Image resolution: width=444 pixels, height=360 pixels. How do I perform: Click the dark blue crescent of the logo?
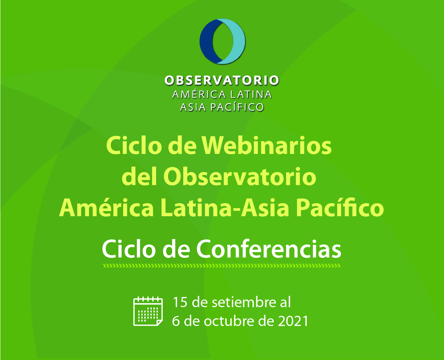206,41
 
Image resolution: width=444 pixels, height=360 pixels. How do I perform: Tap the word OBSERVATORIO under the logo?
222,80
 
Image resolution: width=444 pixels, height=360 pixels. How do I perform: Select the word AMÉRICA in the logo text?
199,94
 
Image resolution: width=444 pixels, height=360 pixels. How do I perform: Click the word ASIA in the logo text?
193,107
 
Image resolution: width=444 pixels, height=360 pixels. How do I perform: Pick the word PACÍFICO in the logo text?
237,107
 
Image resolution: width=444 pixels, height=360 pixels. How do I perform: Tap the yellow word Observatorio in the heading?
240,177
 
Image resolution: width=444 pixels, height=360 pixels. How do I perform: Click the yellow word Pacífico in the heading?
340,208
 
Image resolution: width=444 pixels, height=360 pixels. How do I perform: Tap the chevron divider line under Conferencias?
222,266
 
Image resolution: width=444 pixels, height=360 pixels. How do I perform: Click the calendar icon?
148,311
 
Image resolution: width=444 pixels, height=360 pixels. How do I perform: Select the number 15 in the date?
180,302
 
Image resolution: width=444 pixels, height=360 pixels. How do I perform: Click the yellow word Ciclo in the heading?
134,145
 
